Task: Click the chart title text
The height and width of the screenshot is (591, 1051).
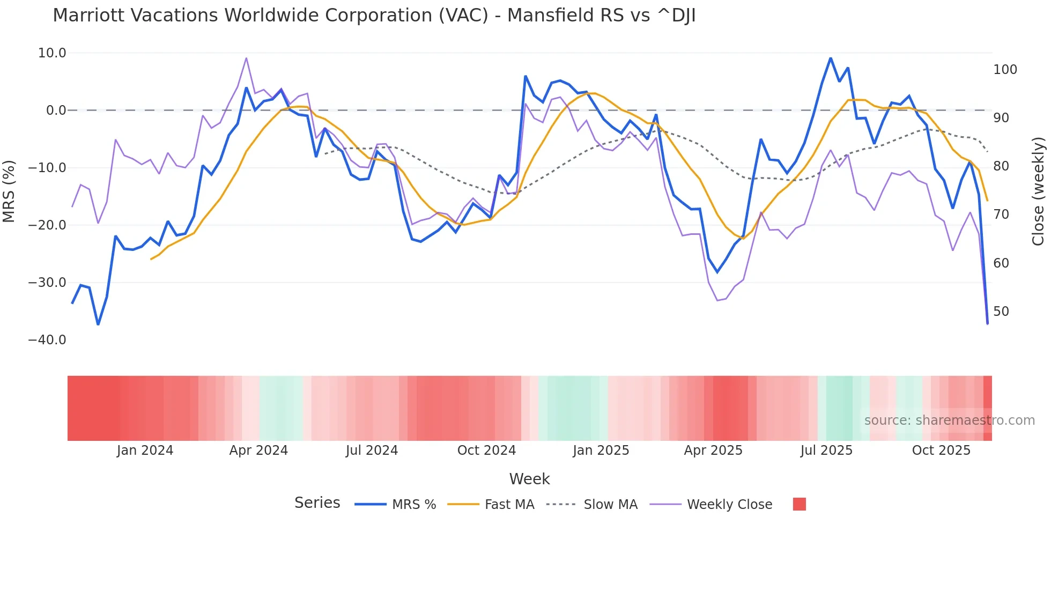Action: click(x=374, y=16)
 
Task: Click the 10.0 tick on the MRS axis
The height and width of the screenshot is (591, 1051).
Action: click(x=52, y=53)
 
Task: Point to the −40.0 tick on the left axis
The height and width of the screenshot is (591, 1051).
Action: click(x=47, y=340)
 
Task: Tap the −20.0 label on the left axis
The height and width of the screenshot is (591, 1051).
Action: click(x=47, y=225)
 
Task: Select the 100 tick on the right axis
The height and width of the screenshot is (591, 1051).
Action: click(x=1005, y=70)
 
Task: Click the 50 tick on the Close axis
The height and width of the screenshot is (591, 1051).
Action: click(x=1001, y=312)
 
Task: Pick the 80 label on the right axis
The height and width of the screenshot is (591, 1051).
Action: click(x=1001, y=166)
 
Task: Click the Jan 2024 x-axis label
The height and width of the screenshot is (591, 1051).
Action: click(x=145, y=450)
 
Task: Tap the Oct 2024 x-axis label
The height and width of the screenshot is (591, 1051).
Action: click(x=486, y=450)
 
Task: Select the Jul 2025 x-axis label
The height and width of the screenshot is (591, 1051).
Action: click(x=826, y=450)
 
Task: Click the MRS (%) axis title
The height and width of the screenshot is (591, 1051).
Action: click(x=9, y=191)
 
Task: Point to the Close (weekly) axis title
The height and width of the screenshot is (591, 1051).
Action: click(x=1038, y=191)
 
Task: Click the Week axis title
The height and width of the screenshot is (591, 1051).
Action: click(x=529, y=479)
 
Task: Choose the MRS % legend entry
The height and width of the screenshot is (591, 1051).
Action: click(x=396, y=505)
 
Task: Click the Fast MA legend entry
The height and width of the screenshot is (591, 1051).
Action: click(x=491, y=505)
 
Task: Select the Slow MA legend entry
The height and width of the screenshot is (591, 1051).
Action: click(x=592, y=505)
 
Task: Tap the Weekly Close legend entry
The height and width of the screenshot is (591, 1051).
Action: click(x=711, y=505)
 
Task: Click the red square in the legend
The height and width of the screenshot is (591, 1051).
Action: click(x=799, y=504)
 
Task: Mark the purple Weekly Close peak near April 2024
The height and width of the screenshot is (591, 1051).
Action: click(x=246, y=58)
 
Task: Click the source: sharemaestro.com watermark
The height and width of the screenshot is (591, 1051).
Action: click(x=949, y=420)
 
